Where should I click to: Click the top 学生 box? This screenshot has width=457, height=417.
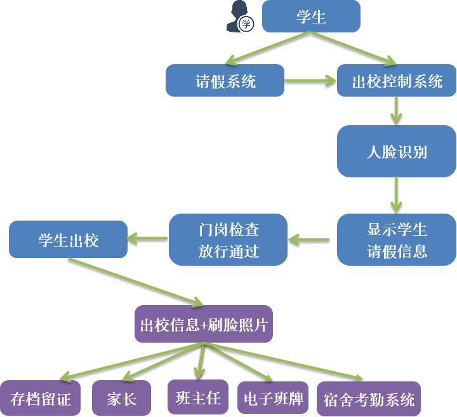click(x=311, y=17)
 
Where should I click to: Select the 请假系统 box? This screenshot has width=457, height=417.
click(x=225, y=81)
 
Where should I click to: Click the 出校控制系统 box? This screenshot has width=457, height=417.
click(x=397, y=81)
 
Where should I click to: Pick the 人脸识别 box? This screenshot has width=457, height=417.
click(x=397, y=151)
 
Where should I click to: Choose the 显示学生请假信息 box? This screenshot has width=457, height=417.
click(x=397, y=240)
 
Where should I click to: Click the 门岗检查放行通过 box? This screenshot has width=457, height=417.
click(x=228, y=240)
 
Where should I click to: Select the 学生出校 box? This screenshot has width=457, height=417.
click(x=68, y=240)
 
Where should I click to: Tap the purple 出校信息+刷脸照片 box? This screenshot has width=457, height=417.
click(x=204, y=325)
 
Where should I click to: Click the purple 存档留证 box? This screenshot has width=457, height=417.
click(x=41, y=399)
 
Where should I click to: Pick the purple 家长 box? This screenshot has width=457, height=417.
click(x=121, y=399)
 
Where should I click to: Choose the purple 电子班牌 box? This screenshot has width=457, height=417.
click(x=273, y=399)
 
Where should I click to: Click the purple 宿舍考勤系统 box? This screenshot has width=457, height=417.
click(x=368, y=399)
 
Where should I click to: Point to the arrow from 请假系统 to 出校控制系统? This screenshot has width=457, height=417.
click(x=310, y=81)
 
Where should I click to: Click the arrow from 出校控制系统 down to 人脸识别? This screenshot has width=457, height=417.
click(x=397, y=111)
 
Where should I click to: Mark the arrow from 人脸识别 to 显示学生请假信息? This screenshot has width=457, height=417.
click(x=397, y=195)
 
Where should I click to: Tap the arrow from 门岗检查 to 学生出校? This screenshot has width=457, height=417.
click(x=148, y=240)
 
